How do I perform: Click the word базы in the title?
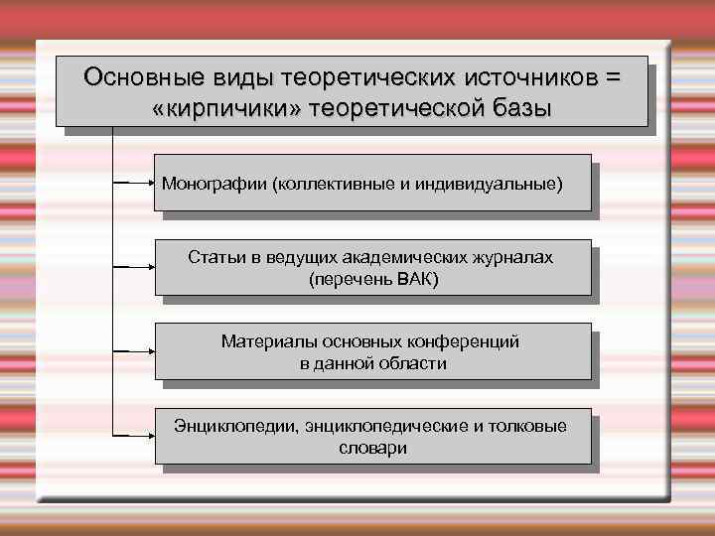pos(518,107)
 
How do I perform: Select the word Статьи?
pos(215,258)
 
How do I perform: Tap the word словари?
pos(372,448)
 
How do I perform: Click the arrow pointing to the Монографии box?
pos(133,184)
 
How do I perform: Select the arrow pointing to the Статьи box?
pos(133,268)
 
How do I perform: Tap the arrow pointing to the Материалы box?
pos(133,351)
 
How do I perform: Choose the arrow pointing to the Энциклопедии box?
pos(133,436)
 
